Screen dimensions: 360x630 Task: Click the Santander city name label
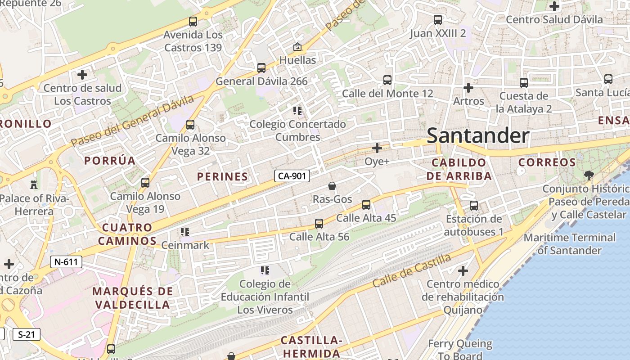pos(477,135)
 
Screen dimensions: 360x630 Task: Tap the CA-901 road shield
pos(292,176)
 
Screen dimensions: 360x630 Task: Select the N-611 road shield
pos(66,261)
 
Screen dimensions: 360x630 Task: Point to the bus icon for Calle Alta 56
pos(319,223)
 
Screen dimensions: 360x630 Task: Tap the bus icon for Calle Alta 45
pos(366,205)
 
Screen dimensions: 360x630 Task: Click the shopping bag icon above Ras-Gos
pos(332,186)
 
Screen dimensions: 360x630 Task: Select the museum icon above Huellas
pos(297,47)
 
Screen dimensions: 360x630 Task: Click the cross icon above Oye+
pos(377,148)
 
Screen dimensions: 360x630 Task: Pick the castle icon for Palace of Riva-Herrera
pos(33,184)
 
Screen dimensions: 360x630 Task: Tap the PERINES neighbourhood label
pos(222,177)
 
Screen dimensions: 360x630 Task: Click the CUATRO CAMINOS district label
pos(127,234)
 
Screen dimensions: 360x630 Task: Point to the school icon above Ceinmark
pos(184,232)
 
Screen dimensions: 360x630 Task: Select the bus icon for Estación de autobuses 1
pos(474,206)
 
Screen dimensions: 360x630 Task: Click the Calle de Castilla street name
pos(411,270)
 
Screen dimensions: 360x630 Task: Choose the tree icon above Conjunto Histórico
pos(588,175)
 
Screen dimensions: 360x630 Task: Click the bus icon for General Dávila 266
pos(261,68)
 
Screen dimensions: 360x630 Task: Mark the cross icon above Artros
pos(468,88)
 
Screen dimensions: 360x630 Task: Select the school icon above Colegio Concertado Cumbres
pos(297,110)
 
